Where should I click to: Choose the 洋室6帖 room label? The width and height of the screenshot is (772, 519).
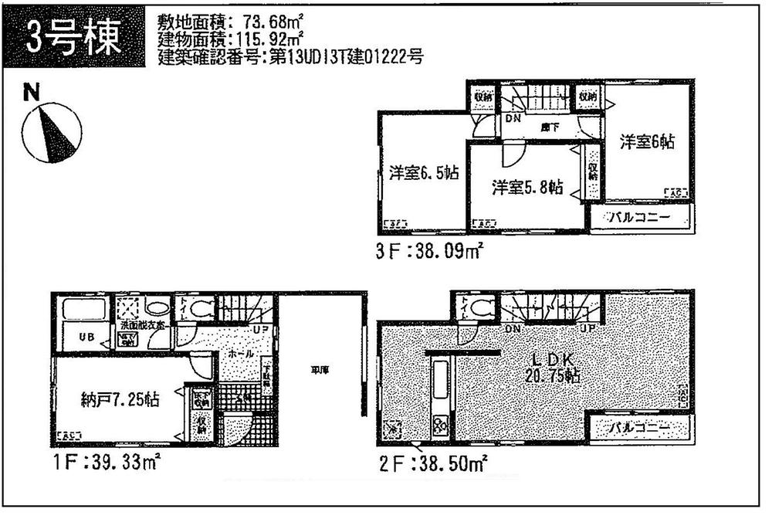647,141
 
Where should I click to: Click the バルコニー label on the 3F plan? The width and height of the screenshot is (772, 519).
640,218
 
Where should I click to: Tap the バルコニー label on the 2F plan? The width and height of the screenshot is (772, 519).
640,426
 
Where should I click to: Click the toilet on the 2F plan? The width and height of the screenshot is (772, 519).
478,307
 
